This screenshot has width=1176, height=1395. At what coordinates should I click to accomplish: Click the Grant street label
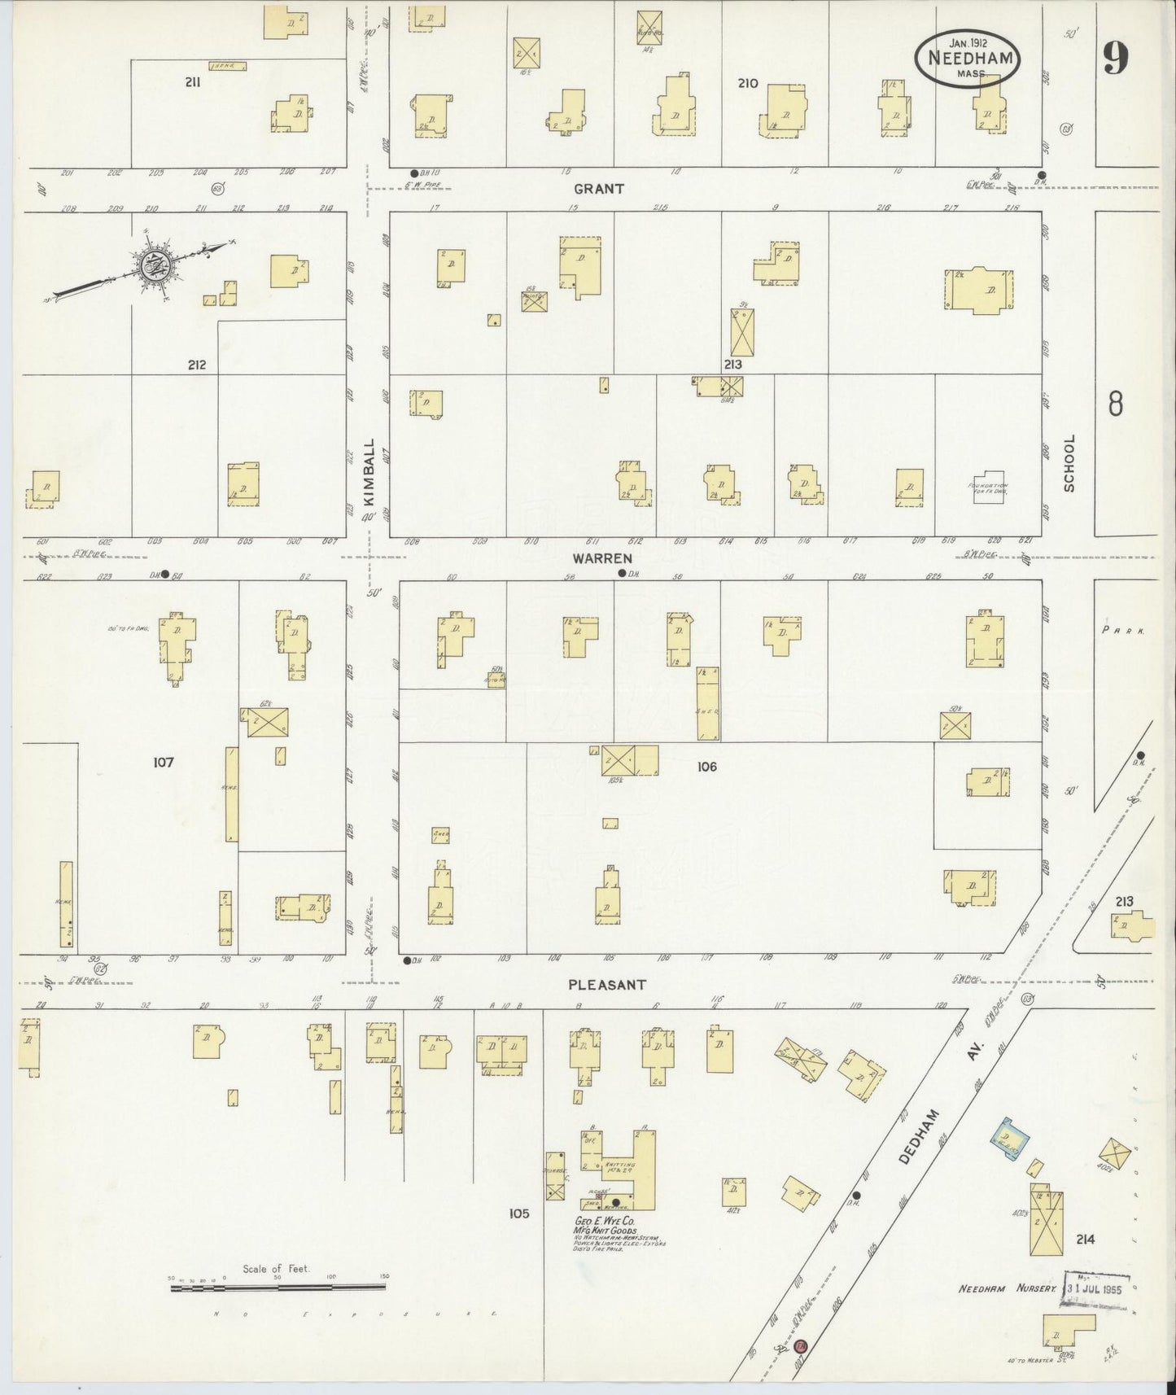tap(598, 189)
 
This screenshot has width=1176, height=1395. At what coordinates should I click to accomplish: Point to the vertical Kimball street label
tap(369, 466)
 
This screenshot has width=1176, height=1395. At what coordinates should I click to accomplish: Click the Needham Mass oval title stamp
tap(968, 57)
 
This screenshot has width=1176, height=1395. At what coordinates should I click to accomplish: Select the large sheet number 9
tap(1115, 58)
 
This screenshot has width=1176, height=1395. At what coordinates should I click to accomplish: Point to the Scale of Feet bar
tap(277, 1288)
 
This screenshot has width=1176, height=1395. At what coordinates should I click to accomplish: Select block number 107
tap(163, 763)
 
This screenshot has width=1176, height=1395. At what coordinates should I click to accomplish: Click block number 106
tap(706, 767)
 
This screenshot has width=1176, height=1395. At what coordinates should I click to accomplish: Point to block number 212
tap(196, 365)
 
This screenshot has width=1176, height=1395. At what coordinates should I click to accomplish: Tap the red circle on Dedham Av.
tap(801, 1346)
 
